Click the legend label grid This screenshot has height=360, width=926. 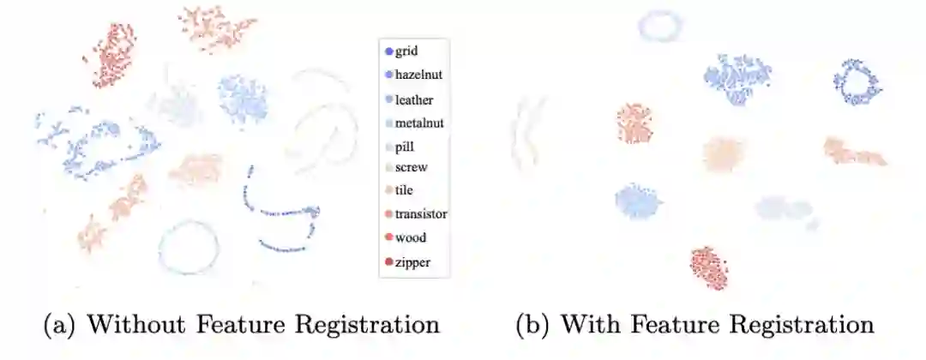(x=406, y=51)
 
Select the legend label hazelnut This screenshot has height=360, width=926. (x=418, y=75)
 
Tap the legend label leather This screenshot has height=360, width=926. (x=414, y=99)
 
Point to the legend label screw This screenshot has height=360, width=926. (x=411, y=168)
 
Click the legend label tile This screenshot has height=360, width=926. (x=405, y=191)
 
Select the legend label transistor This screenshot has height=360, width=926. (x=421, y=214)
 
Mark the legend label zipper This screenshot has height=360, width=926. (x=412, y=261)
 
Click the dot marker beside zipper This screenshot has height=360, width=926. (x=389, y=261)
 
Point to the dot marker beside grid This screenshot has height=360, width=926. (x=389, y=51)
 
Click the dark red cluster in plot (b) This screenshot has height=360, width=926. (x=709, y=268)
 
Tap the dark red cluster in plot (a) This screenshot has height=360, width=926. (x=110, y=55)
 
